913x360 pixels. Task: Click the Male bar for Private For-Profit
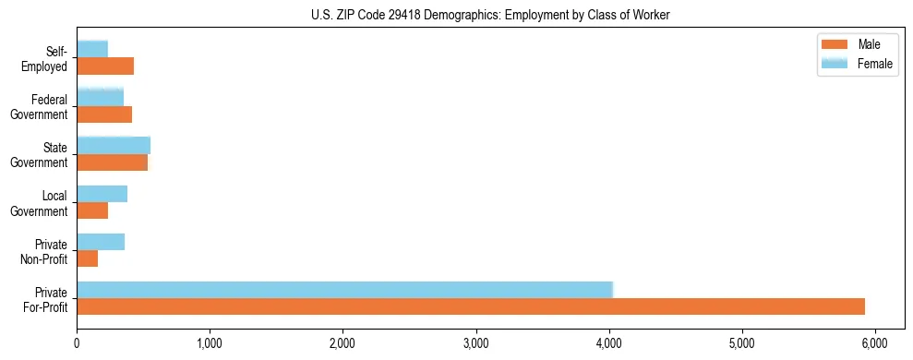(471, 306)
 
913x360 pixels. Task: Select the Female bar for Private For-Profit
(344, 289)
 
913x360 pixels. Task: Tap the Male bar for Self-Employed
(105, 66)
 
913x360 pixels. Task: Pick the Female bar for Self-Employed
(92, 49)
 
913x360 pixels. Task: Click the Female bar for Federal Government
(100, 97)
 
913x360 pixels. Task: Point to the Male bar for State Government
(112, 162)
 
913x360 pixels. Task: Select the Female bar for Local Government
(102, 193)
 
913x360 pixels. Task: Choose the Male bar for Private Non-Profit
(87, 258)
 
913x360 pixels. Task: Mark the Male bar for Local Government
(92, 210)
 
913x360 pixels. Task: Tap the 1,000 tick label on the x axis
(210, 342)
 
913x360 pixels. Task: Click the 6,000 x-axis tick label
(875, 342)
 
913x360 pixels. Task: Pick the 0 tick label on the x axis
(77, 342)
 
